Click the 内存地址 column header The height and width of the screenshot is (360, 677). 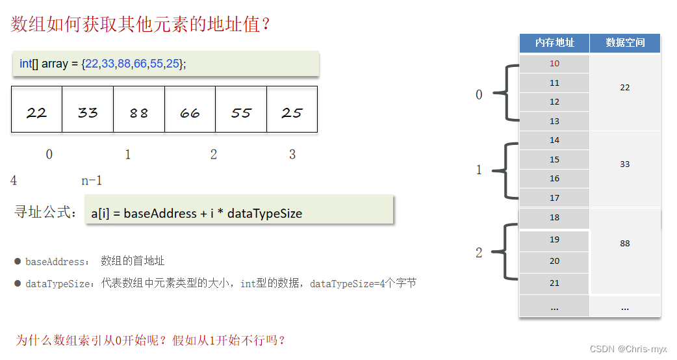[x=554, y=43]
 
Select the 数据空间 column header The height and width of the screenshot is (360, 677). [x=625, y=43]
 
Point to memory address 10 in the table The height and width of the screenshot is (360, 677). [x=554, y=64]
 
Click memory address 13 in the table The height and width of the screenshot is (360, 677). [x=554, y=122]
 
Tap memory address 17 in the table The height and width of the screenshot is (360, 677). [x=554, y=198]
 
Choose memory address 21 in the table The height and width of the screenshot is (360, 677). [x=554, y=283]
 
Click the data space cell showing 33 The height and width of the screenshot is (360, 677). [x=625, y=164]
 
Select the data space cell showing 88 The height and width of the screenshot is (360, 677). [x=625, y=244]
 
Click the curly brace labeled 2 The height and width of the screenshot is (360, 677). [x=506, y=251]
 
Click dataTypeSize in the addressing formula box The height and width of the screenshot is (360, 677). [x=264, y=213]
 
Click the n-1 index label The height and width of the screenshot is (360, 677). [x=92, y=181]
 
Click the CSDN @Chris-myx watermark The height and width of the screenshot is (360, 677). [x=628, y=350]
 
